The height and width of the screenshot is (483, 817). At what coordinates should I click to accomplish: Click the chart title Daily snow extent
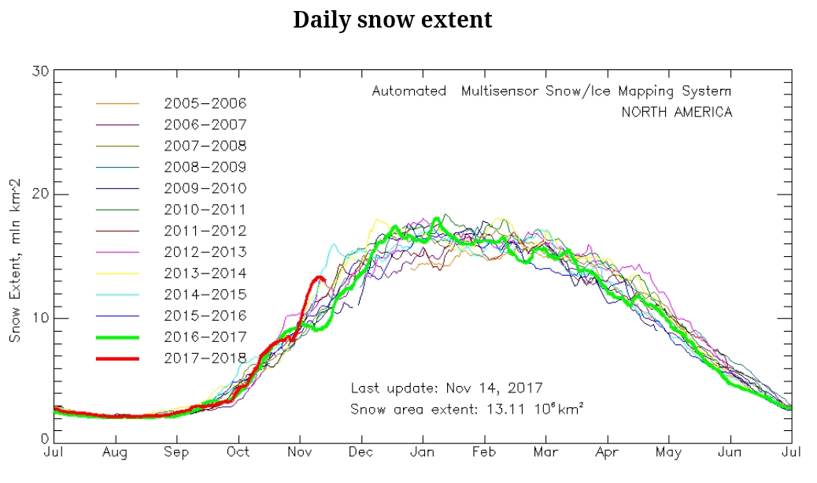click(x=392, y=20)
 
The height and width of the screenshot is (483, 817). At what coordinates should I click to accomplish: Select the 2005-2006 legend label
click(x=205, y=103)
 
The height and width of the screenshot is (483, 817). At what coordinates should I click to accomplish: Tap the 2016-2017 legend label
click(x=205, y=337)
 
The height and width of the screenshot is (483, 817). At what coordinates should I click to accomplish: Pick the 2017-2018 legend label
click(x=205, y=359)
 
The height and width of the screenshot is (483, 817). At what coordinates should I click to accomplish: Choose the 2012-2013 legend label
click(x=205, y=252)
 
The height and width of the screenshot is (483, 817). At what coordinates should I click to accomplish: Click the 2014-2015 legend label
click(x=205, y=295)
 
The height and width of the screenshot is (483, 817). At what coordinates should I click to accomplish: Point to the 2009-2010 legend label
click(x=205, y=188)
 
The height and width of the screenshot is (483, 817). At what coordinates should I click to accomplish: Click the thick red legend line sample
click(x=117, y=359)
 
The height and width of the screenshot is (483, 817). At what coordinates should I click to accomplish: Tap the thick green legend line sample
click(x=117, y=337)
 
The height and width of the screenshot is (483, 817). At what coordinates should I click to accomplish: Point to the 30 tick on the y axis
click(x=40, y=71)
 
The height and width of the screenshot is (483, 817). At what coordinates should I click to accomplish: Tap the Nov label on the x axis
click(x=299, y=452)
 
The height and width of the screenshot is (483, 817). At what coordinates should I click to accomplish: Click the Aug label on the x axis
click(x=115, y=452)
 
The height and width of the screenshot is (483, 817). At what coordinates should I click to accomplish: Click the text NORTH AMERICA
click(x=676, y=112)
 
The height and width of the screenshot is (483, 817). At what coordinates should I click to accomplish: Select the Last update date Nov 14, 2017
click(x=494, y=388)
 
